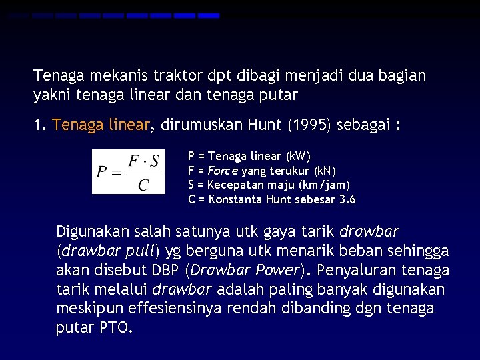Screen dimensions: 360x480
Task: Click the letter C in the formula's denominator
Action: [143, 183]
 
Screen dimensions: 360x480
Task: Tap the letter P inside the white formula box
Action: [101, 172]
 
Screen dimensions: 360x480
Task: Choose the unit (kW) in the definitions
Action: [297, 157]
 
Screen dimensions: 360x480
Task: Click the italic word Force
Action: [223, 170]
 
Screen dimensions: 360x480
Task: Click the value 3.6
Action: [347, 199]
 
